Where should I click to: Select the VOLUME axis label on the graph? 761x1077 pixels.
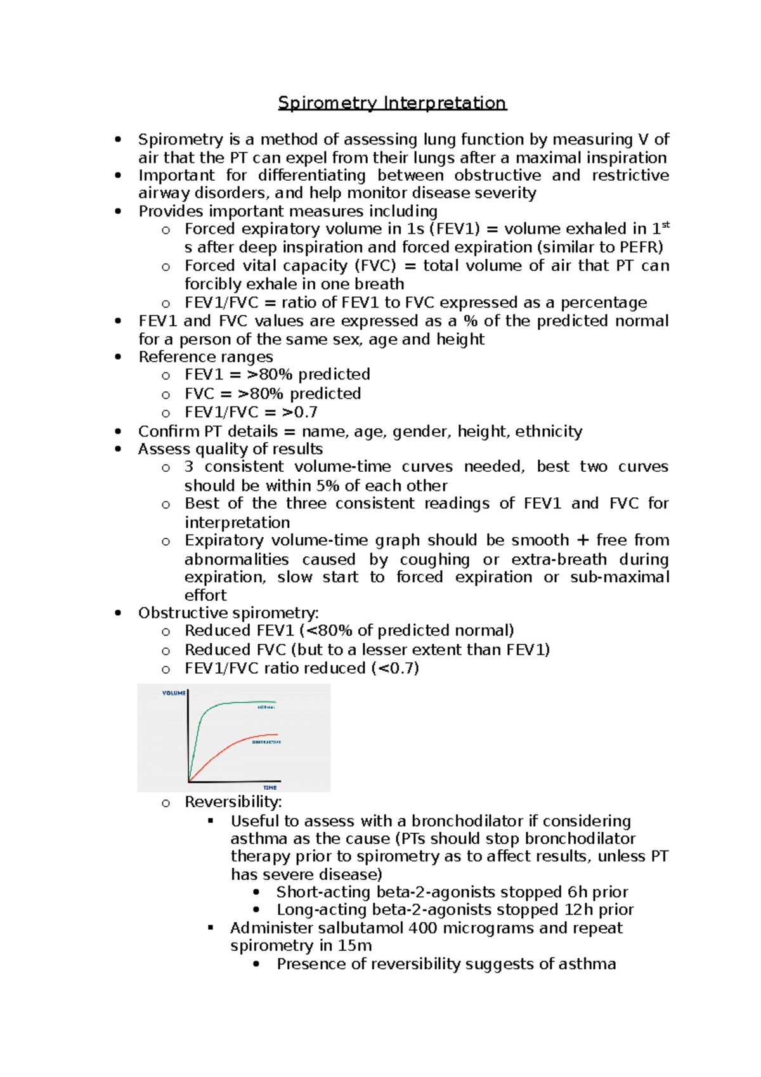click(x=173, y=693)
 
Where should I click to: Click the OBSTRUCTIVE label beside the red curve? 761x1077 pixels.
click(x=266, y=741)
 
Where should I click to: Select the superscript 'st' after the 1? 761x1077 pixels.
click(x=665, y=225)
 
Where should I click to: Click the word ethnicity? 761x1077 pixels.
click(x=549, y=431)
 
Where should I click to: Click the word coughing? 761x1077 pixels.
click(x=434, y=559)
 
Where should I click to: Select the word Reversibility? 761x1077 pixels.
click(x=233, y=802)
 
